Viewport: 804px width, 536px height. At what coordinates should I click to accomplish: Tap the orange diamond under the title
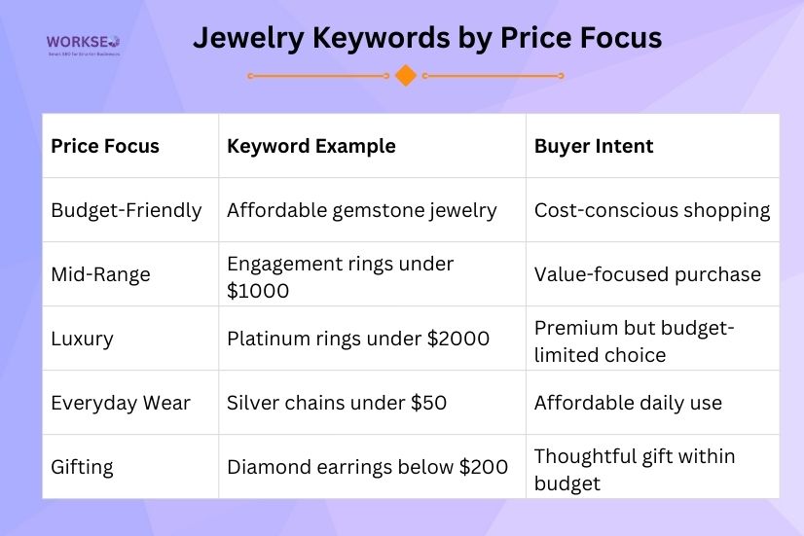[x=406, y=76]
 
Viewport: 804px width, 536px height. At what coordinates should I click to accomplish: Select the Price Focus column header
[x=105, y=146]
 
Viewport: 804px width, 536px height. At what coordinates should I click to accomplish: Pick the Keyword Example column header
[x=311, y=146]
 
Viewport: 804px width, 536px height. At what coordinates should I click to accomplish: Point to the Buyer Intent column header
[x=594, y=146]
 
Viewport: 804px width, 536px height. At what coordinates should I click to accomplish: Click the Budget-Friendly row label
[x=127, y=210]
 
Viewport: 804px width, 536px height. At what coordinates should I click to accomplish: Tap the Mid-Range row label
[x=100, y=274]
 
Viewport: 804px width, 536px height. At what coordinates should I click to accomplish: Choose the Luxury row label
[x=82, y=339]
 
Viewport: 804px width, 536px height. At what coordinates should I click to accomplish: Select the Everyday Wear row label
[x=121, y=403]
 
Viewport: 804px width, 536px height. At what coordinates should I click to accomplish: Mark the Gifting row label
[x=82, y=467]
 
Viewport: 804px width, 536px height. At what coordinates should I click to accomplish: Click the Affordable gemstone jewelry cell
[x=362, y=210]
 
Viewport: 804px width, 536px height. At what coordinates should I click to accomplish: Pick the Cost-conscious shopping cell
[x=652, y=210]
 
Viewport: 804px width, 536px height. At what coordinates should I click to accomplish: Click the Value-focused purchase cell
[x=647, y=274]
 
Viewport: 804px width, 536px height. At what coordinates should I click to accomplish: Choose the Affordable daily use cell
[x=628, y=403]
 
